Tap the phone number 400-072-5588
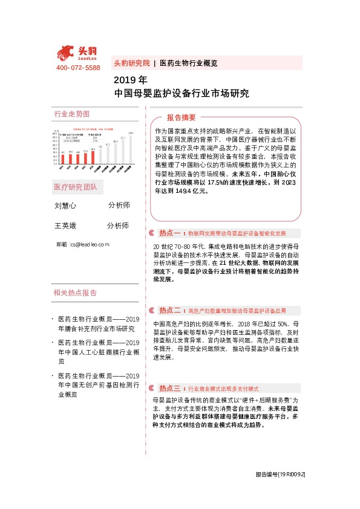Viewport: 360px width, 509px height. [77, 68]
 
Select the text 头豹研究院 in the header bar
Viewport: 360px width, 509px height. [131, 63]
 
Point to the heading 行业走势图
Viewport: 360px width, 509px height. [71, 114]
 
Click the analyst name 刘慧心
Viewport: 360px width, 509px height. [65, 206]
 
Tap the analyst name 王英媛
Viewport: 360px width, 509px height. [65, 225]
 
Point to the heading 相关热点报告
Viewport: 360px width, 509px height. [75, 293]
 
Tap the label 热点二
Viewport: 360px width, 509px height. [169, 310]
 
